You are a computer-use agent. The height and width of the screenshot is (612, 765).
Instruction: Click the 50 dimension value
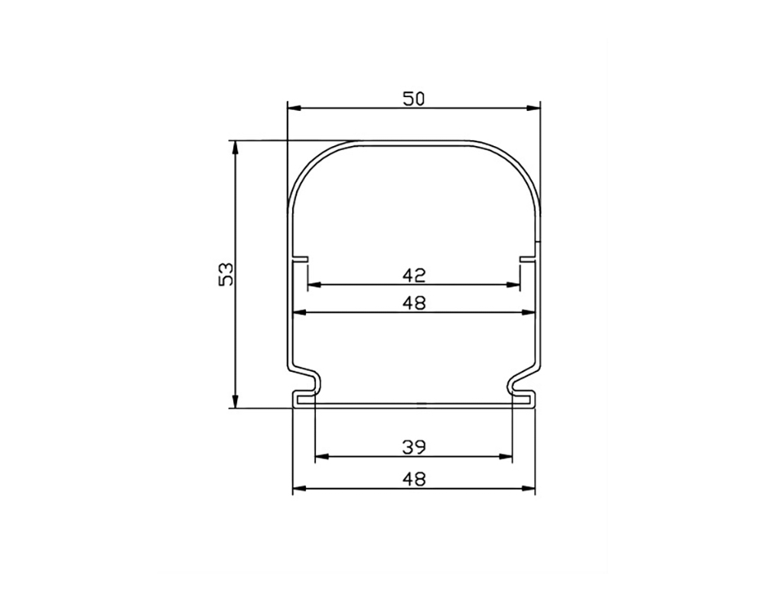414,99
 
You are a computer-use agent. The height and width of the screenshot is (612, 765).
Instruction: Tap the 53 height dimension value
227,275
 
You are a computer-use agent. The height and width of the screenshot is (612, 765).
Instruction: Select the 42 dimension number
414,275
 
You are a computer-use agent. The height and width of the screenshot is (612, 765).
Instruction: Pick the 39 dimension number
414,447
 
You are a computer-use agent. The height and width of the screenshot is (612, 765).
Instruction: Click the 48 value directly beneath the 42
414,304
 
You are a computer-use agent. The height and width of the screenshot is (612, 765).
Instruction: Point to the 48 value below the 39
414,479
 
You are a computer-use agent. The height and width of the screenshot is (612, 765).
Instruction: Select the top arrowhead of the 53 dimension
235,148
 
